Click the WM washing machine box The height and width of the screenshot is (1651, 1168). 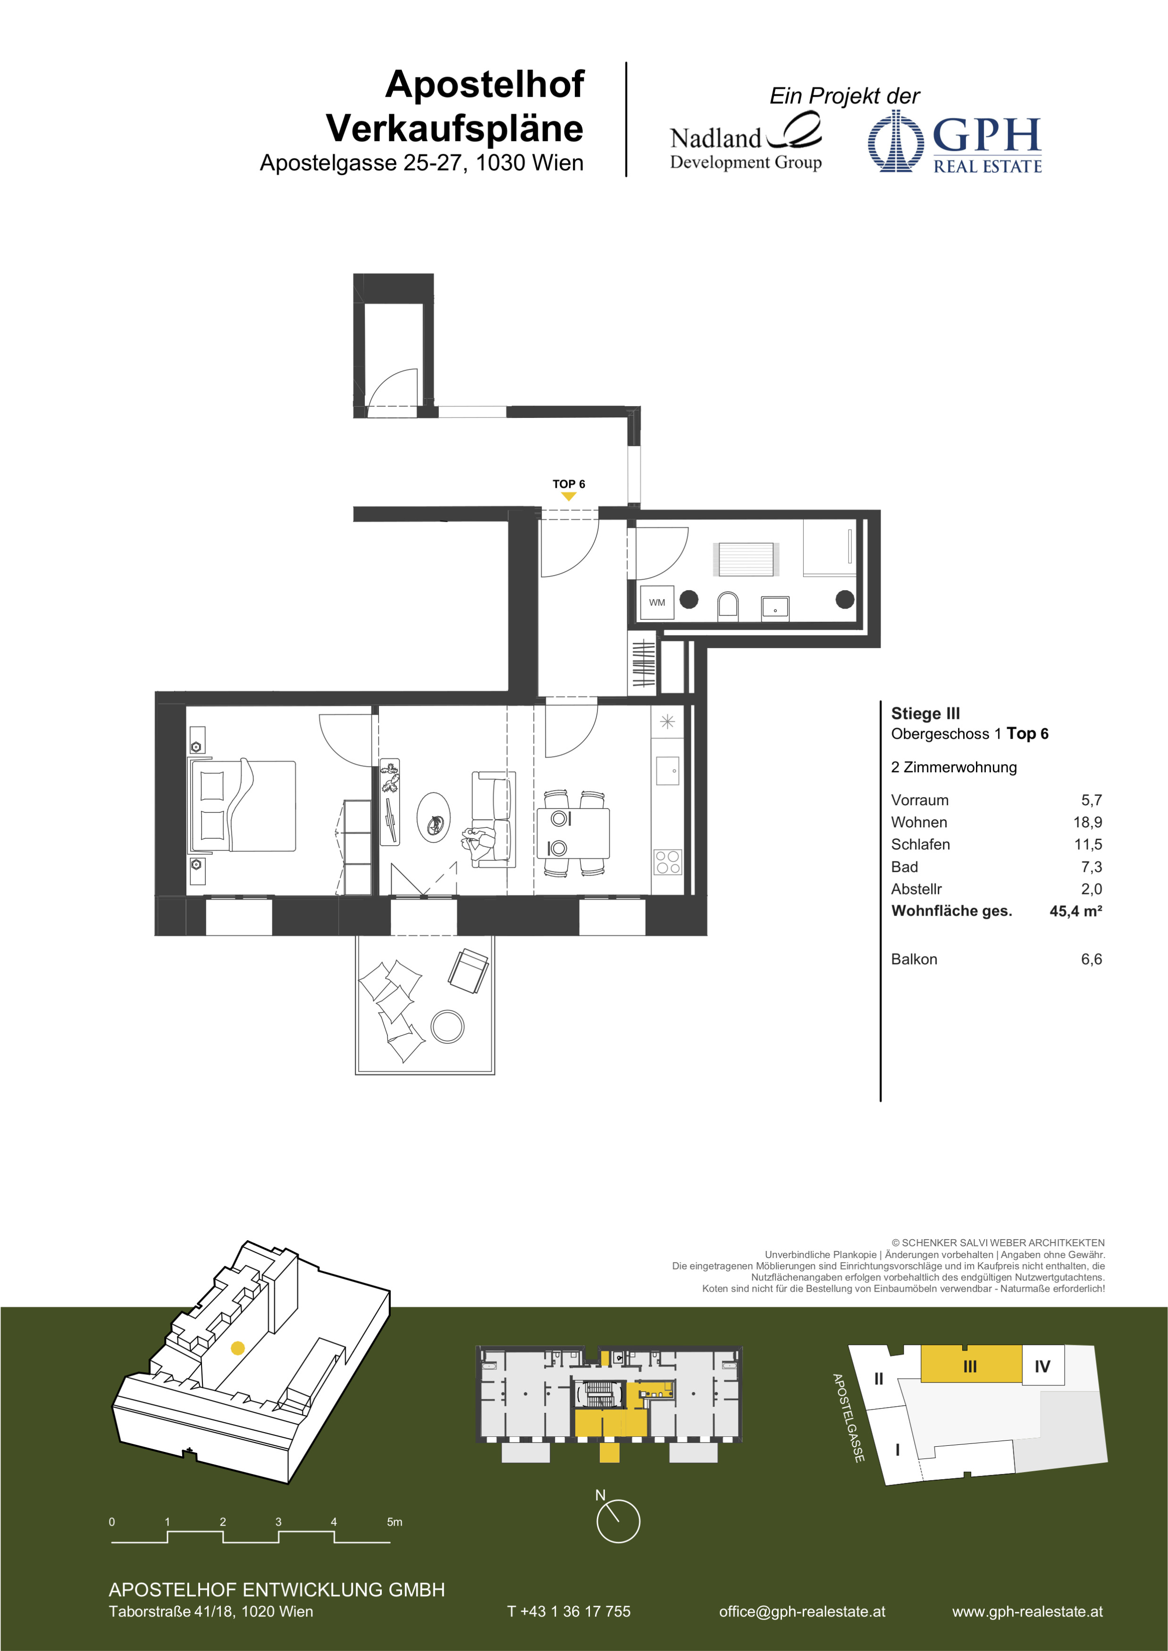pyautogui.click(x=656, y=602)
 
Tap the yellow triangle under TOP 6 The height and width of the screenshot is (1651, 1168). pyautogui.click(x=568, y=496)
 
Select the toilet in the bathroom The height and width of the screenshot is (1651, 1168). pyautogui.click(x=728, y=606)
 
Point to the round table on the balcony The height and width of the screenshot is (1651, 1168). pyautogui.click(x=447, y=1026)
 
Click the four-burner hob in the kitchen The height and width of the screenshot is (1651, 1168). pyautogui.click(x=667, y=862)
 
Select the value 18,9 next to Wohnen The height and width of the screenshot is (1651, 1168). pyautogui.click(x=1087, y=822)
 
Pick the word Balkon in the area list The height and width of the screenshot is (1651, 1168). pyautogui.click(x=914, y=959)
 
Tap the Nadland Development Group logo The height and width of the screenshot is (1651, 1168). pyautogui.click(x=746, y=142)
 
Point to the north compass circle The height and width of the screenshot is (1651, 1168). pyautogui.click(x=618, y=1521)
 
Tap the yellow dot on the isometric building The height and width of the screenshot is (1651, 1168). pyautogui.click(x=237, y=1348)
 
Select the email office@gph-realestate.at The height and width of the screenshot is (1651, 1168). pyautogui.click(x=802, y=1611)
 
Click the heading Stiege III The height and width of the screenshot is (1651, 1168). pyautogui.click(x=925, y=713)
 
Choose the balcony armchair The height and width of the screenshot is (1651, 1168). pyautogui.click(x=469, y=971)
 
